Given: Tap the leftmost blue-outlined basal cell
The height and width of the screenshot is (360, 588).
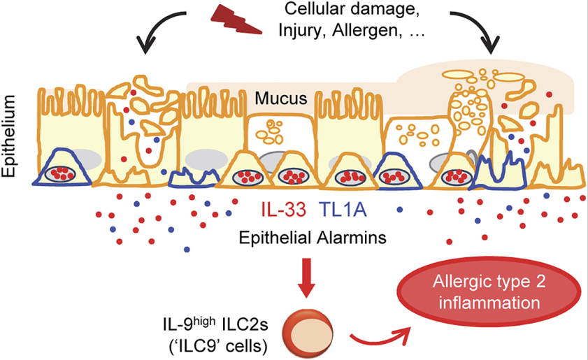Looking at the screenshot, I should pos(64,168).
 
